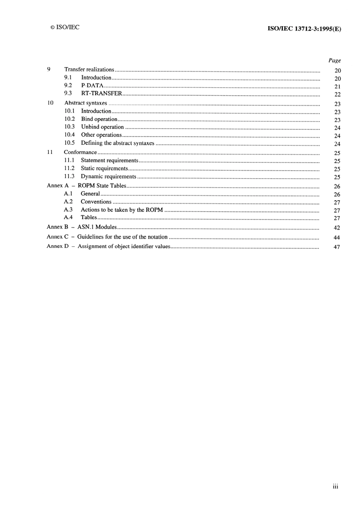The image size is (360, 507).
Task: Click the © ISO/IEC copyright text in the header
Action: [x=65, y=27]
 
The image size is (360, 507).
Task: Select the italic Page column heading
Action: [x=334, y=60]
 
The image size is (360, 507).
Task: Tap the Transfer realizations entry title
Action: [x=89, y=69]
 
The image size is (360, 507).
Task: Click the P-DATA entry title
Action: [x=92, y=85]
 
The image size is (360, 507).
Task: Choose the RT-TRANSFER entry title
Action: [x=102, y=93]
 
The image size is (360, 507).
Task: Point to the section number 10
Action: [x=50, y=103]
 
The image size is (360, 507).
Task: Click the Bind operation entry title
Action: [x=99, y=119]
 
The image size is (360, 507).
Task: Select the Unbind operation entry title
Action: [x=102, y=127]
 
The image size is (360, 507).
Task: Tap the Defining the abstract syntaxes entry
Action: [x=117, y=143]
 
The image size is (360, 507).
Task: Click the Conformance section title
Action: [x=80, y=152]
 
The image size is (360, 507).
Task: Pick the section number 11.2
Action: [x=69, y=168]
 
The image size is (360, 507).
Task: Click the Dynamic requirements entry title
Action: [x=108, y=176]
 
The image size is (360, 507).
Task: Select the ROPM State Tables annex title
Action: [x=102, y=185]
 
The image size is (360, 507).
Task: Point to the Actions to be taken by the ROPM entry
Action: [x=122, y=210]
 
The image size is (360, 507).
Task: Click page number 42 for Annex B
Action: [x=337, y=228]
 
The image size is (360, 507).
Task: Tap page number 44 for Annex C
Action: [x=337, y=237]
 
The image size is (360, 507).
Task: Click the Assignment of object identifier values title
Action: [x=124, y=246]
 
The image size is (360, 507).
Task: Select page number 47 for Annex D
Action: [x=337, y=247]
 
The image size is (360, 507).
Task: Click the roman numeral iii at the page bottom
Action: [x=335, y=487]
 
